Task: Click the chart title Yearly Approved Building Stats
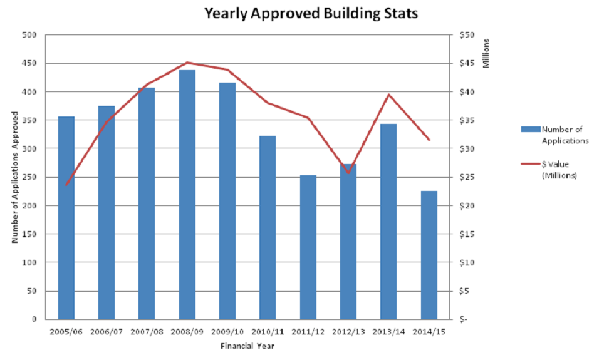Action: point(311,13)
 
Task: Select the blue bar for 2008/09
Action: point(187,194)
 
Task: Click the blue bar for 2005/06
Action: point(66,217)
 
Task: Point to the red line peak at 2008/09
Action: point(187,63)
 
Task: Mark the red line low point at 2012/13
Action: point(348,173)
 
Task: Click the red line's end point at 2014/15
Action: point(429,140)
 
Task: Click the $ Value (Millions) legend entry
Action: point(559,170)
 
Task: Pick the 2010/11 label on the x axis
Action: point(268,332)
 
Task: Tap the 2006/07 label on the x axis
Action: point(107,332)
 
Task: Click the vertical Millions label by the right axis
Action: point(487,54)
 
